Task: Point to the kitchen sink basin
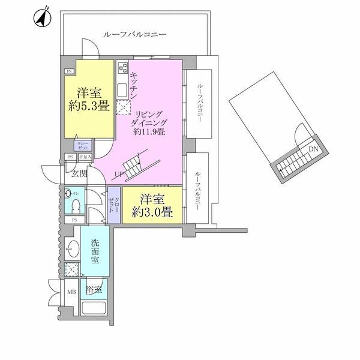pyautogui.click(x=122, y=91)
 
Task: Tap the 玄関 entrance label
pyautogui.click(x=78, y=174)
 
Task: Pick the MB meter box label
pyautogui.click(x=71, y=293)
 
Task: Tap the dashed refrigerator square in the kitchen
pyautogui.click(x=123, y=108)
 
